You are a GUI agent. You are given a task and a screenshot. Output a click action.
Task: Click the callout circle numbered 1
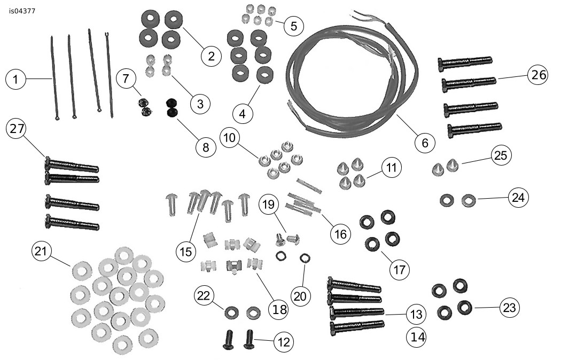(16, 79)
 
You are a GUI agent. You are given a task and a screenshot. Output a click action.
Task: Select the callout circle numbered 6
(425, 143)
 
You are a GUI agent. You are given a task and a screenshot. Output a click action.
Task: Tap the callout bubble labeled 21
(41, 251)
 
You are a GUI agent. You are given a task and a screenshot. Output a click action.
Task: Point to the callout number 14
(417, 337)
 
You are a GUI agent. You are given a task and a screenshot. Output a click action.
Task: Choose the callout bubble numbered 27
(17, 129)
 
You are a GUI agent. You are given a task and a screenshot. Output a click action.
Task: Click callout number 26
(539, 75)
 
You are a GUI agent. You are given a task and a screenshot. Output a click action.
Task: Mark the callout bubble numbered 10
(230, 138)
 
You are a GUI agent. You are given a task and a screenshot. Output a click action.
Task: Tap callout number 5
(294, 26)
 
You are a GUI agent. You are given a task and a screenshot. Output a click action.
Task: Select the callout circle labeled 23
(510, 308)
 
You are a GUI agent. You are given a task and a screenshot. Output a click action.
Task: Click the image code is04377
(22, 11)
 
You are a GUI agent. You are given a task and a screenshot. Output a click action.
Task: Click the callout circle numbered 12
(284, 342)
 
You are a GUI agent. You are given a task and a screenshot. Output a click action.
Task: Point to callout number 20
(300, 296)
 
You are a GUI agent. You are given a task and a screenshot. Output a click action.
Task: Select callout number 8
(206, 147)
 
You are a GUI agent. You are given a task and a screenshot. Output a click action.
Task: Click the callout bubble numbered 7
(126, 79)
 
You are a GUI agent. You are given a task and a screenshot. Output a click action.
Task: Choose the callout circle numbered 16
(341, 234)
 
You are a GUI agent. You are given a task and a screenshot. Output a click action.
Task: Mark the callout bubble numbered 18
(279, 309)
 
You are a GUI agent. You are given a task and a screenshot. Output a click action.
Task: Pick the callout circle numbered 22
(204, 296)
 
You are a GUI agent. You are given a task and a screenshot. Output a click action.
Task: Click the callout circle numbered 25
(501, 155)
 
